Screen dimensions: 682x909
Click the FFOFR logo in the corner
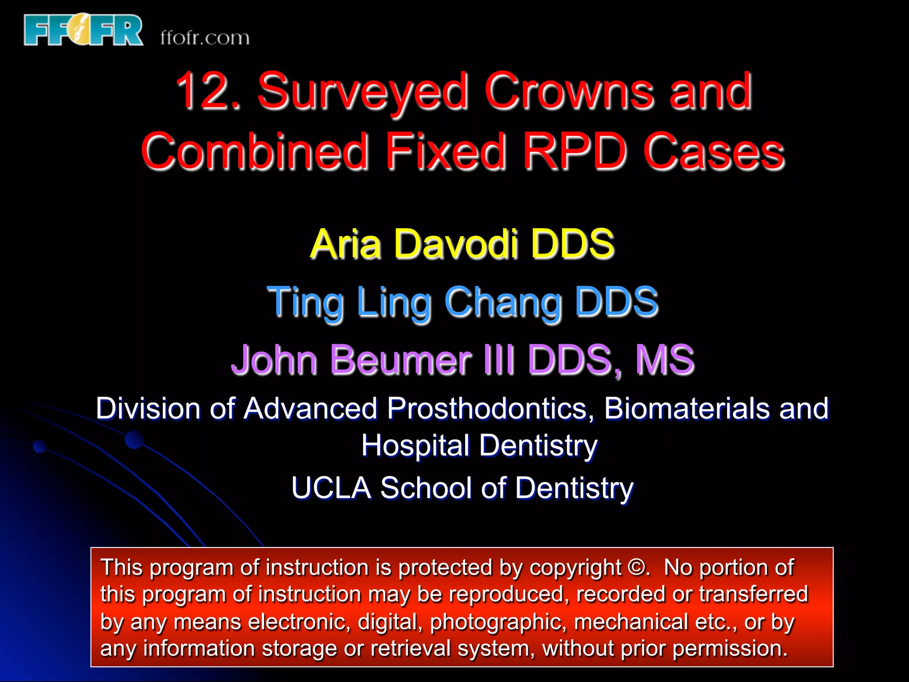click(x=83, y=30)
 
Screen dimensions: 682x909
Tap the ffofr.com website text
click(x=205, y=38)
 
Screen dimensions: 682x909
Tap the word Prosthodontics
click(x=490, y=408)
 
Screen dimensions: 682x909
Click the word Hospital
click(x=415, y=445)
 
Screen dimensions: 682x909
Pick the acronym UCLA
click(x=331, y=488)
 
